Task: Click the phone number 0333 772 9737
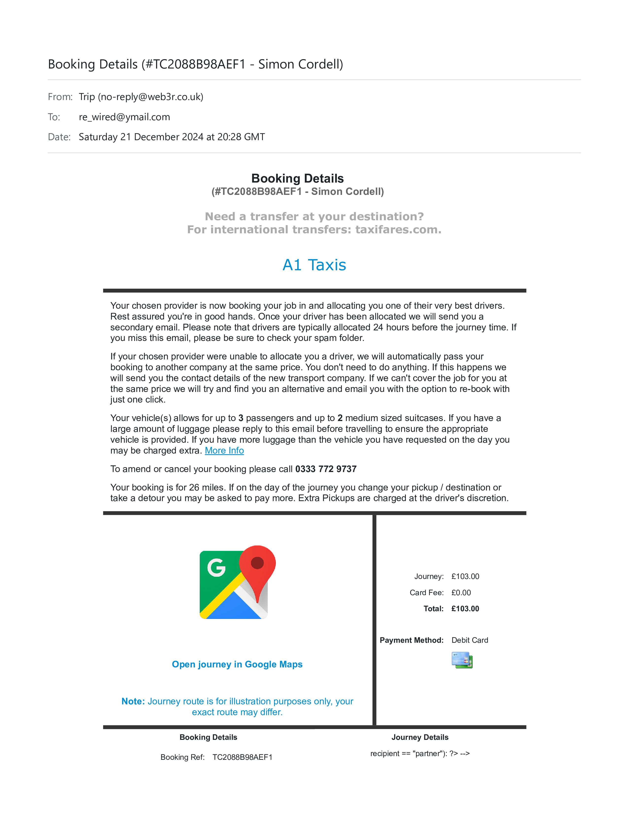(x=326, y=469)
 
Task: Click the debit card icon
(x=462, y=660)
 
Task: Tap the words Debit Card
(x=469, y=640)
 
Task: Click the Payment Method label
(x=412, y=640)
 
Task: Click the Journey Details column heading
(x=420, y=737)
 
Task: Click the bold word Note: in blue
(x=133, y=701)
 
